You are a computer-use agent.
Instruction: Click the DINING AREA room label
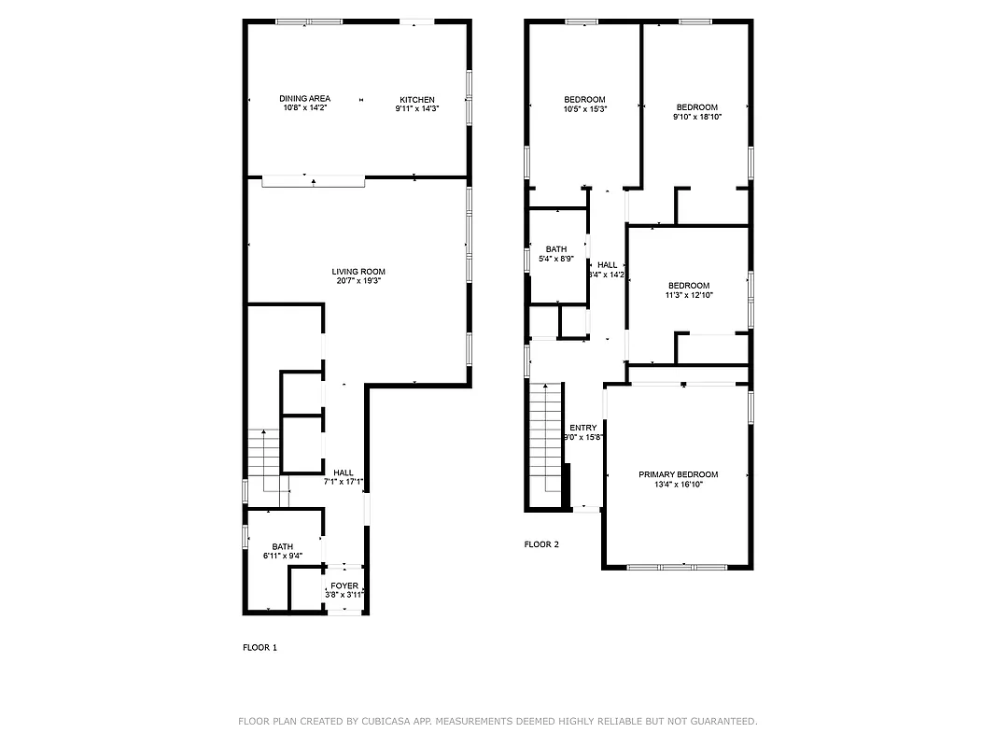[x=304, y=99]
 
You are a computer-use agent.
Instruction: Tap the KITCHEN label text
[x=416, y=100]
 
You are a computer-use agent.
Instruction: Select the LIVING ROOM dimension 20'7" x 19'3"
[x=358, y=280]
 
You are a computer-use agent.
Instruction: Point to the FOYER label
[x=344, y=585]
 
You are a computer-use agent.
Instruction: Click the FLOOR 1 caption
[x=260, y=647]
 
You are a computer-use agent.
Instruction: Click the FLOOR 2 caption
[x=541, y=544]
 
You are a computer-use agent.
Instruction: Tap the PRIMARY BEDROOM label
[x=678, y=474]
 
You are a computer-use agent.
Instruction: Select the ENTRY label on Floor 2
[x=582, y=428]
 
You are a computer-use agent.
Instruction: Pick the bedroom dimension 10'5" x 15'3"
[x=584, y=109]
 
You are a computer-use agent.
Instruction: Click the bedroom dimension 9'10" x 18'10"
[x=697, y=117]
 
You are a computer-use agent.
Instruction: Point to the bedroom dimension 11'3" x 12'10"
[x=688, y=295]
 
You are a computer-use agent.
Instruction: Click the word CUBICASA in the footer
[x=387, y=721]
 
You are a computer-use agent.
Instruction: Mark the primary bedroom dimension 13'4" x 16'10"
[x=678, y=484]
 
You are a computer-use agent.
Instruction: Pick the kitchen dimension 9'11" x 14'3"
[x=416, y=108]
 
